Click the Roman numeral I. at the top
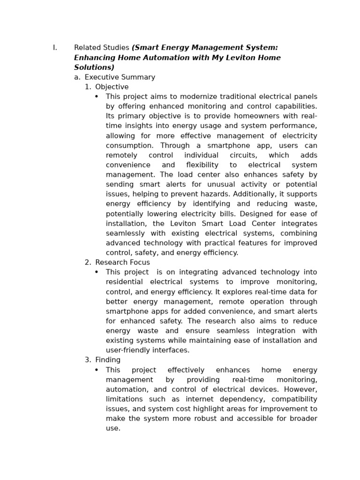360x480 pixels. (x=55, y=48)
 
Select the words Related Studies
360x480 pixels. (x=101, y=48)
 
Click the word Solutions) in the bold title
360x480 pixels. (x=94, y=67)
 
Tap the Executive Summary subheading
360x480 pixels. (x=120, y=77)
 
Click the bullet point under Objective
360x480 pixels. (x=97, y=97)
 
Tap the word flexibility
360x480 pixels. (x=202, y=165)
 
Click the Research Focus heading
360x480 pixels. (x=122, y=262)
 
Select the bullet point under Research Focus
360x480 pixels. (x=97, y=272)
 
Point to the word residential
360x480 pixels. (x=123, y=282)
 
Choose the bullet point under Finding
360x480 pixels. (x=97, y=370)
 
